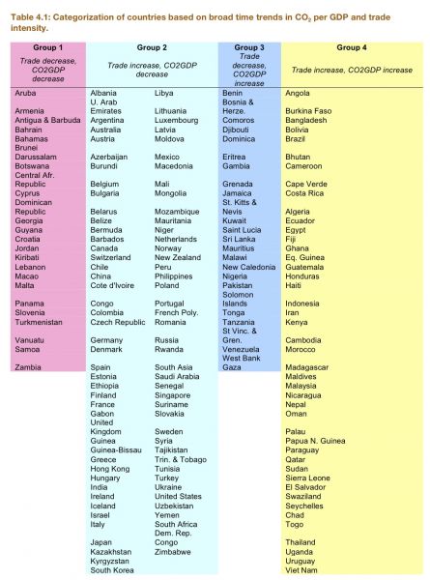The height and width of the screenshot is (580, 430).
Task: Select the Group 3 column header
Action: point(249,46)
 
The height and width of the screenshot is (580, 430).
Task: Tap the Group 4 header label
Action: point(350,46)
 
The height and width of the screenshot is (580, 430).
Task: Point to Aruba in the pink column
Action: point(26,92)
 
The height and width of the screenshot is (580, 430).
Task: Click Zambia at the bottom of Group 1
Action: point(28,366)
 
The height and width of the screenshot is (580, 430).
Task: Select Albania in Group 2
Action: point(104,92)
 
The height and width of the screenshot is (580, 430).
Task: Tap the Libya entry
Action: point(166,92)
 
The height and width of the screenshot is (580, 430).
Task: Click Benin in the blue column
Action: point(234,92)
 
